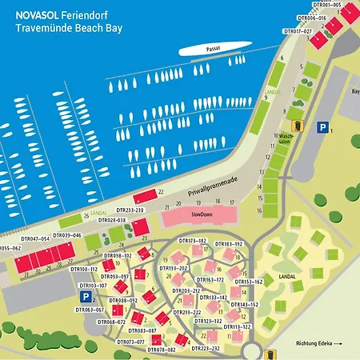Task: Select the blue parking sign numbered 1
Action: [322, 126]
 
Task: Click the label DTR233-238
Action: [128, 210]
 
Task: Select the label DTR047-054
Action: [35, 239]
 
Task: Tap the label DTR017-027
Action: [298, 31]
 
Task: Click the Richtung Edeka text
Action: [321, 344]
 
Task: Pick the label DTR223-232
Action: [212, 349]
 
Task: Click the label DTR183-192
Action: [228, 243]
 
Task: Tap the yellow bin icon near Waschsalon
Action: [297, 125]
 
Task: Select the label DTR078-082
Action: [161, 350]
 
